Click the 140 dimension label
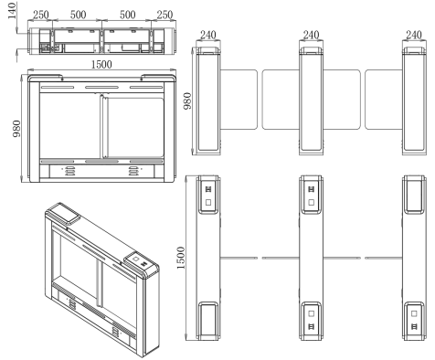tap(12, 11)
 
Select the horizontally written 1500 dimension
tap(101, 65)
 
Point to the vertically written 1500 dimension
tap(181, 258)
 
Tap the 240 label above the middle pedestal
tap(311, 35)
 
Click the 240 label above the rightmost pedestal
tap(414, 35)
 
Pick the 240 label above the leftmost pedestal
tap(208, 35)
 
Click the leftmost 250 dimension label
tap(41, 15)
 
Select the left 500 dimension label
tap(78, 15)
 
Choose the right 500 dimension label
tap(128, 15)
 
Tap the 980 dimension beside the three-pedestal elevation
tap(187, 101)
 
